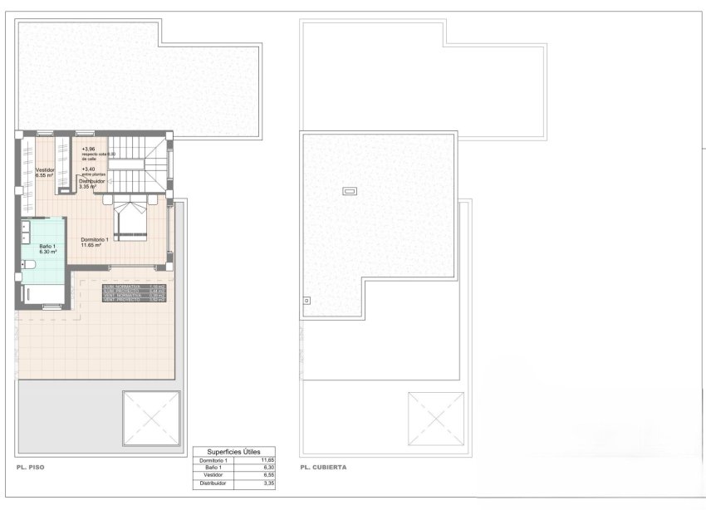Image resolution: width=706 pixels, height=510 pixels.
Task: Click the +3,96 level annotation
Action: point(88,150)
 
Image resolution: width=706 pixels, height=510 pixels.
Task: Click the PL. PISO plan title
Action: point(30,468)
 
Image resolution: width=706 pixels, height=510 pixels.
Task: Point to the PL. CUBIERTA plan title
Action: point(324,468)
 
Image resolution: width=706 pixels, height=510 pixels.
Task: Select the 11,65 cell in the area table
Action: point(267,459)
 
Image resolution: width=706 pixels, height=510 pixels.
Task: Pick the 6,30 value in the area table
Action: point(267,467)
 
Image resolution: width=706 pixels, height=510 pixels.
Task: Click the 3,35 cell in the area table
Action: point(267,482)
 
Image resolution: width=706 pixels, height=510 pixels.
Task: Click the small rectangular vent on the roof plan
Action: point(350,192)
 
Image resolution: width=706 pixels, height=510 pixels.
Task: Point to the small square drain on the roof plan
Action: point(306,300)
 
